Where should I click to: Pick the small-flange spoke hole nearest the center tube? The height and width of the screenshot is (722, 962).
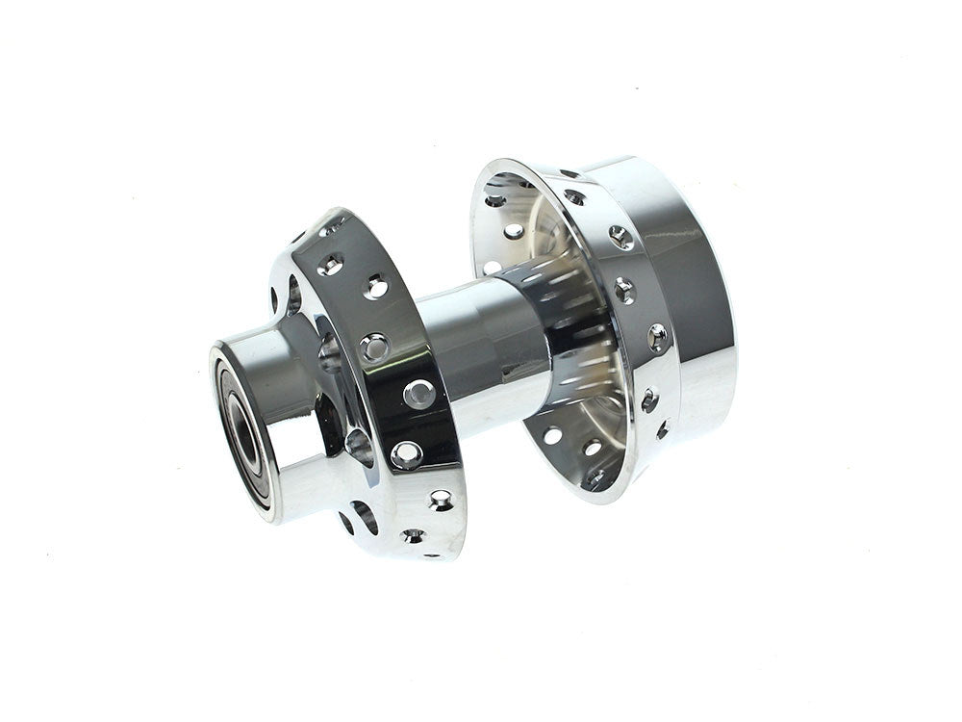419,393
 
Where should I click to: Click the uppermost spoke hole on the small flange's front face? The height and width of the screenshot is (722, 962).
331,264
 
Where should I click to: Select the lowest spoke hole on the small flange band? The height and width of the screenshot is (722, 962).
415,535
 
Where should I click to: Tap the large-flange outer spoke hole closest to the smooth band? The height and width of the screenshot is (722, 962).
657,337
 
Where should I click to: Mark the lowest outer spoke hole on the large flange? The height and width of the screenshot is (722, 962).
663,429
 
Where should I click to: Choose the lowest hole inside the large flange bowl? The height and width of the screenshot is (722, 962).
595,476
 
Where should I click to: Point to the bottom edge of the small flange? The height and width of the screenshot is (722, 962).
423,556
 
